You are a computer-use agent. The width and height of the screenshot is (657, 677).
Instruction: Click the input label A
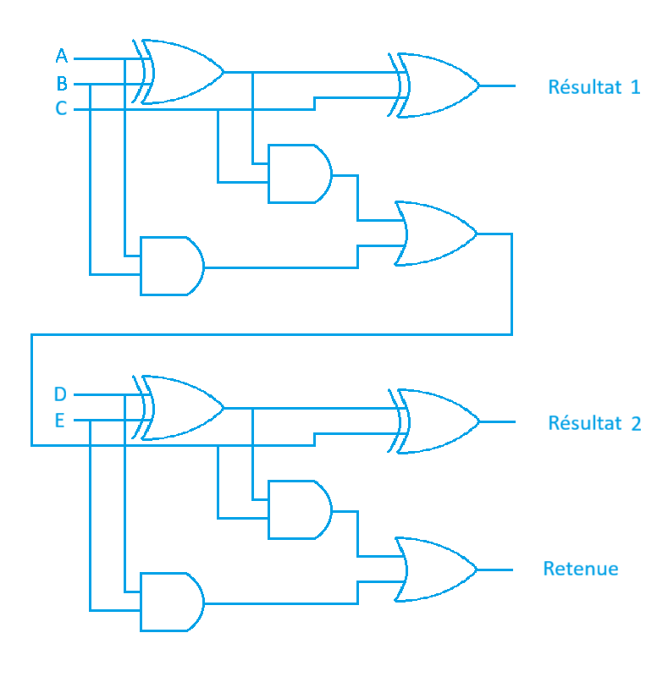pos(61,57)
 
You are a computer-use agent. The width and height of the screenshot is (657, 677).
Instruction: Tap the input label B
pos(61,84)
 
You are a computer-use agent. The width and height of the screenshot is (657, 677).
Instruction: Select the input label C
pos(61,108)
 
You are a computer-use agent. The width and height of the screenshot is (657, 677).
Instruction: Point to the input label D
pos(60,394)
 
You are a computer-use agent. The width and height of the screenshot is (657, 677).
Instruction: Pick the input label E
pos(60,421)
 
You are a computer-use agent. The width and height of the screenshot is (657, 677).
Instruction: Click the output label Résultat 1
pos(594,87)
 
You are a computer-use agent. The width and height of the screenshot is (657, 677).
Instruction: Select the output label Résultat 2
pos(594,423)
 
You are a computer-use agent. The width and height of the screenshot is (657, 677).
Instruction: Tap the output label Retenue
pos(581,569)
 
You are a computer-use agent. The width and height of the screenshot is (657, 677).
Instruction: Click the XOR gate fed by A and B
pos(182,72)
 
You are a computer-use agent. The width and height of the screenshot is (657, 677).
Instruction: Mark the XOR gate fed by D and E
pos(182,408)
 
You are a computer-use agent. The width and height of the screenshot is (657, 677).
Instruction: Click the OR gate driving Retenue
pos(435,569)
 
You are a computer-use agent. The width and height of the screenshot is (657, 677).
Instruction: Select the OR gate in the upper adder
pos(435,234)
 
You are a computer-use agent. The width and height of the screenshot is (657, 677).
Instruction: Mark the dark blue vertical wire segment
pos(253,453)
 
